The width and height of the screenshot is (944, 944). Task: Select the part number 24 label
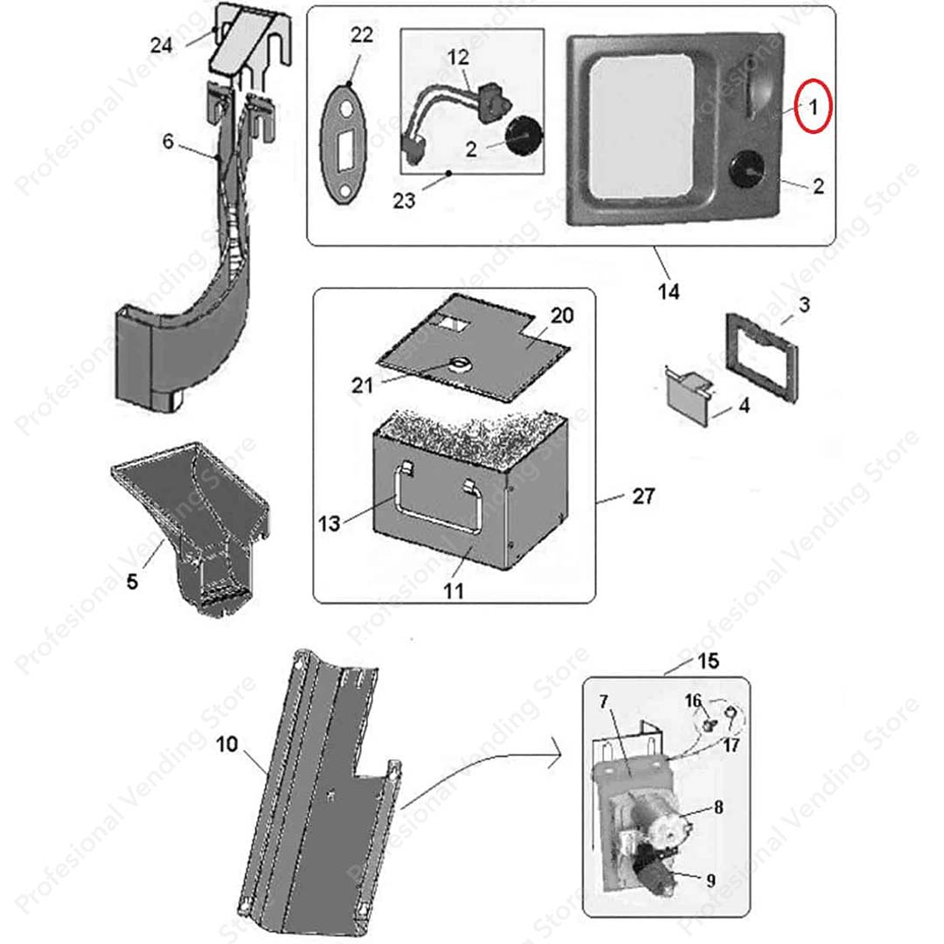click(162, 45)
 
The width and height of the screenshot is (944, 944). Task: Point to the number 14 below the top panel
click(669, 291)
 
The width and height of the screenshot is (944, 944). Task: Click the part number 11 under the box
click(453, 591)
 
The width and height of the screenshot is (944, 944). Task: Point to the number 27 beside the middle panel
click(643, 496)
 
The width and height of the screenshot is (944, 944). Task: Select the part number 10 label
click(226, 745)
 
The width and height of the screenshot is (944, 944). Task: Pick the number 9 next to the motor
click(711, 880)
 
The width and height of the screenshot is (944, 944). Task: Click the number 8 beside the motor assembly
click(718, 807)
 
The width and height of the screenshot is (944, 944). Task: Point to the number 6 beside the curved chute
click(169, 140)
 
